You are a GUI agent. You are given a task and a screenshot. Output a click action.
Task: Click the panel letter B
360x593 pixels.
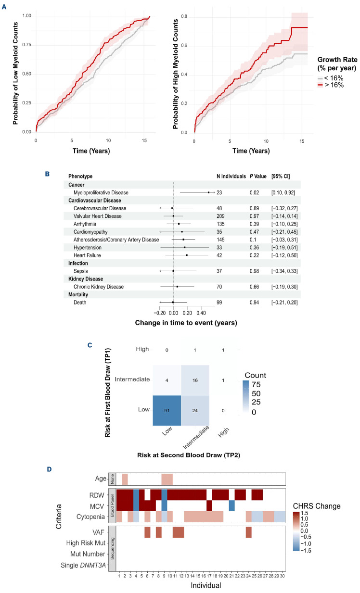coord(47,174)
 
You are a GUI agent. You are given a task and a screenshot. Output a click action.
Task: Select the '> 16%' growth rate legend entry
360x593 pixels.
coord(331,85)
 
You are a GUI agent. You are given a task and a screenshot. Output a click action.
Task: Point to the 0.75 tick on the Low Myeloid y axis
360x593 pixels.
coord(27,45)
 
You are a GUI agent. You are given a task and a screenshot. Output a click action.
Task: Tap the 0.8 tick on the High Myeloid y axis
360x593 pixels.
coord(184,16)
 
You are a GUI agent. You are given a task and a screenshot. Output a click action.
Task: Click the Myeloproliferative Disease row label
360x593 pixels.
coord(101,192)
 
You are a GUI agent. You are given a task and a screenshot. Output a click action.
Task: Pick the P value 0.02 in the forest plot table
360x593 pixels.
coord(254,192)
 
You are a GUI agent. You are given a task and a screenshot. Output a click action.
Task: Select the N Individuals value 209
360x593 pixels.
coord(220,216)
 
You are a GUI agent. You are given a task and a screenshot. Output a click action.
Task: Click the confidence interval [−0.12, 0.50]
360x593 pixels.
coord(284,255)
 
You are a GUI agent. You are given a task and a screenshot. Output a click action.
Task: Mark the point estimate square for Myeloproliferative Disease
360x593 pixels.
coord(209,192)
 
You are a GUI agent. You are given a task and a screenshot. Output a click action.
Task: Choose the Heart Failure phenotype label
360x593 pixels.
coord(87,255)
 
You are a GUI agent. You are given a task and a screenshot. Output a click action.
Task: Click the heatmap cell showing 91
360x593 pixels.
coord(167,410)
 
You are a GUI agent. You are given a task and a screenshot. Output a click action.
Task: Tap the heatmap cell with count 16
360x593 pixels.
coord(195,380)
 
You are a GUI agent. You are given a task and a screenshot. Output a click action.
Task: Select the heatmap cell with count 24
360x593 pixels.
coord(195,410)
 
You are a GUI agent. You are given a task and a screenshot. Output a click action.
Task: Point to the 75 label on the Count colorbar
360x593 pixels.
coord(256,384)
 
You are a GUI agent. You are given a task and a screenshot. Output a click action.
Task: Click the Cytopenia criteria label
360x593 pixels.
coord(90,517)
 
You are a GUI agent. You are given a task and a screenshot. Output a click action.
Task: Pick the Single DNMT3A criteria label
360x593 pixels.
coord(83,565)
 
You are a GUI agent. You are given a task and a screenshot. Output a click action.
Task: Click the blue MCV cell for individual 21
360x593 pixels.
coord(232,505)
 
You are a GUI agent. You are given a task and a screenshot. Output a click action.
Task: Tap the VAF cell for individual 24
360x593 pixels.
coord(248,532)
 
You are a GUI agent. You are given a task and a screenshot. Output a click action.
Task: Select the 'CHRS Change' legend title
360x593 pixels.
coord(317,506)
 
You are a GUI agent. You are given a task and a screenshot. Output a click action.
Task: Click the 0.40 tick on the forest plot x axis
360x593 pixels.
coord(201,313)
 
